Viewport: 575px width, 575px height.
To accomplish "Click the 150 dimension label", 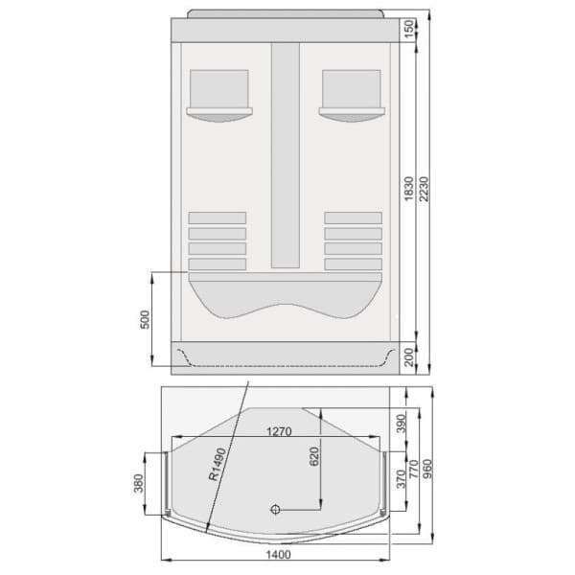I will point(409,29).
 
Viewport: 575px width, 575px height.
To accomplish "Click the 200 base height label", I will point(409,356).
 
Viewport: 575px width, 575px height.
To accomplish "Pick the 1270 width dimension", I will point(278,432).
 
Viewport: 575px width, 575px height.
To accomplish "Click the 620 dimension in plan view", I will point(312,456).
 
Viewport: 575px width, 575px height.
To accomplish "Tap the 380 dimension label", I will point(139,486).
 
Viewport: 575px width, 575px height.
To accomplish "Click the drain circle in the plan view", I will point(276,510).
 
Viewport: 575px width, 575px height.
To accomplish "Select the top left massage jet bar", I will point(218,218).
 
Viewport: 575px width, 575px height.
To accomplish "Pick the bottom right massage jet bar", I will point(353,264).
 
